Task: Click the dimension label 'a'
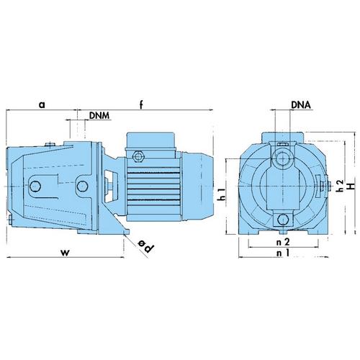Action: click(x=42, y=105)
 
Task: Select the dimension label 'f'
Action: click(x=141, y=104)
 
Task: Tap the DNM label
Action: click(x=99, y=115)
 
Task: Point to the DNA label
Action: click(x=301, y=105)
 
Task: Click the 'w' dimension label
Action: click(x=66, y=252)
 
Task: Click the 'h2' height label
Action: click(x=340, y=186)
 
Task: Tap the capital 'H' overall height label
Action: click(x=351, y=186)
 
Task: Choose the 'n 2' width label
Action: click(x=283, y=242)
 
